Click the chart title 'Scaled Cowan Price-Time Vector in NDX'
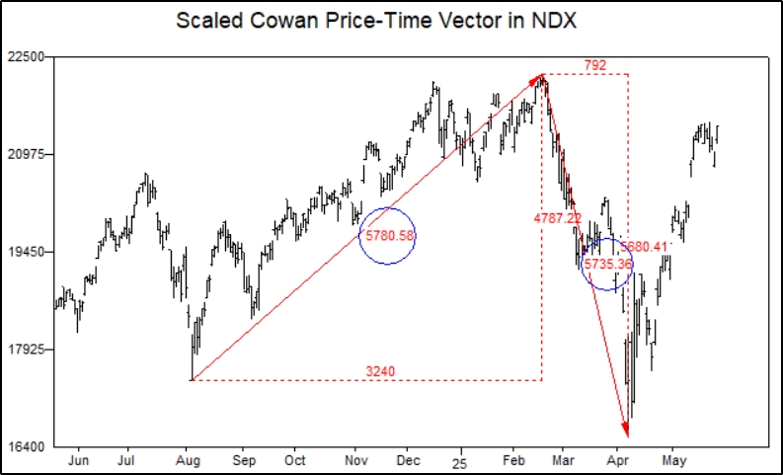click(x=391, y=20)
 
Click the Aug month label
click(x=186, y=461)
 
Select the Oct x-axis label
click(x=294, y=461)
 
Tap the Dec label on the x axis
click(x=410, y=461)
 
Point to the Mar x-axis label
click(x=564, y=461)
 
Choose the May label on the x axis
click(x=674, y=461)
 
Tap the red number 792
click(x=595, y=66)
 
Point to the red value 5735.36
click(x=607, y=265)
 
